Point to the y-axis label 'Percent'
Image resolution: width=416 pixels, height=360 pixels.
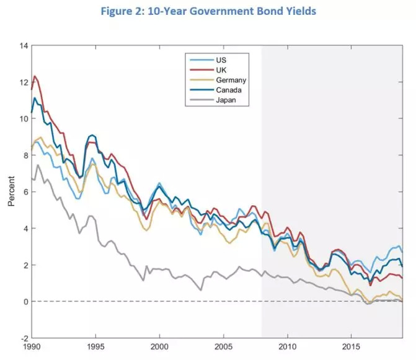click(11, 192)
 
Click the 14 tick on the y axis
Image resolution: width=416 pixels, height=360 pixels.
click(24, 46)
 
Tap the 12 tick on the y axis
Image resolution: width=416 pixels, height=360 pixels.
click(24, 82)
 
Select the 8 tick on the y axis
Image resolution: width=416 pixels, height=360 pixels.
click(25, 156)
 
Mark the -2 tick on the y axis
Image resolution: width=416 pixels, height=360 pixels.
click(24, 338)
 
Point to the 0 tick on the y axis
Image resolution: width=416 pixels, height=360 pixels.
click(25, 302)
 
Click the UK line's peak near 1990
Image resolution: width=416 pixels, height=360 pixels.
click(35, 76)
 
